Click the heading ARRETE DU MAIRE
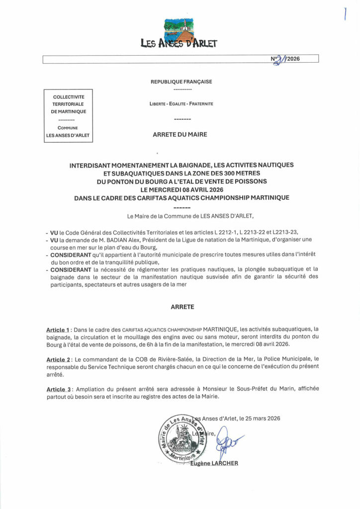(x=180, y=134)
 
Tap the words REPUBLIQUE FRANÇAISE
(x=181, y=82)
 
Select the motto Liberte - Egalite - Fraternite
(x=181, y=104)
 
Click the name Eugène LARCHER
(x=215, y=464)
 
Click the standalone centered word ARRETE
(x=180, y=307)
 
